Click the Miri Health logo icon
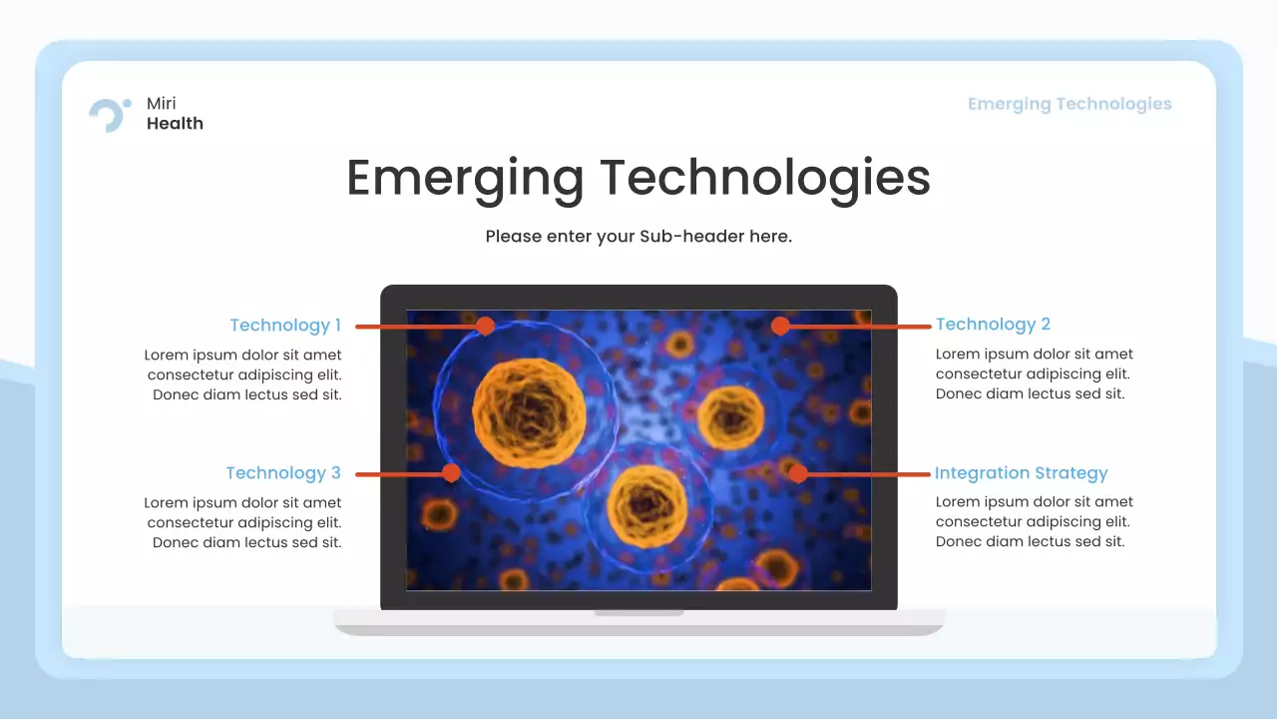[109, 114]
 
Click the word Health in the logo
[175, 124]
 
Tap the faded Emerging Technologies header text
[1069, 104]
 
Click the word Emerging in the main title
[464, 178]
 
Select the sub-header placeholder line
[638, 237]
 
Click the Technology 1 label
[285, 325]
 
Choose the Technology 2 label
[993, 324]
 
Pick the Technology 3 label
[283, 472]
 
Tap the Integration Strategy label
[1021, 472]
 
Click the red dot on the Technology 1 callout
[485, 326]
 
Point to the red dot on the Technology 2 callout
[780, 326]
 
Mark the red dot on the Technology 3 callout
[451, 472]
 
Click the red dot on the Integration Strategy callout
[798, 473]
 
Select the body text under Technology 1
[243, 374]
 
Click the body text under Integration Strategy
[1034, 521]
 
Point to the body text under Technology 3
[243, 522]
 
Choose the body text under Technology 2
[1034, 373]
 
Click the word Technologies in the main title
[765, 178]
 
